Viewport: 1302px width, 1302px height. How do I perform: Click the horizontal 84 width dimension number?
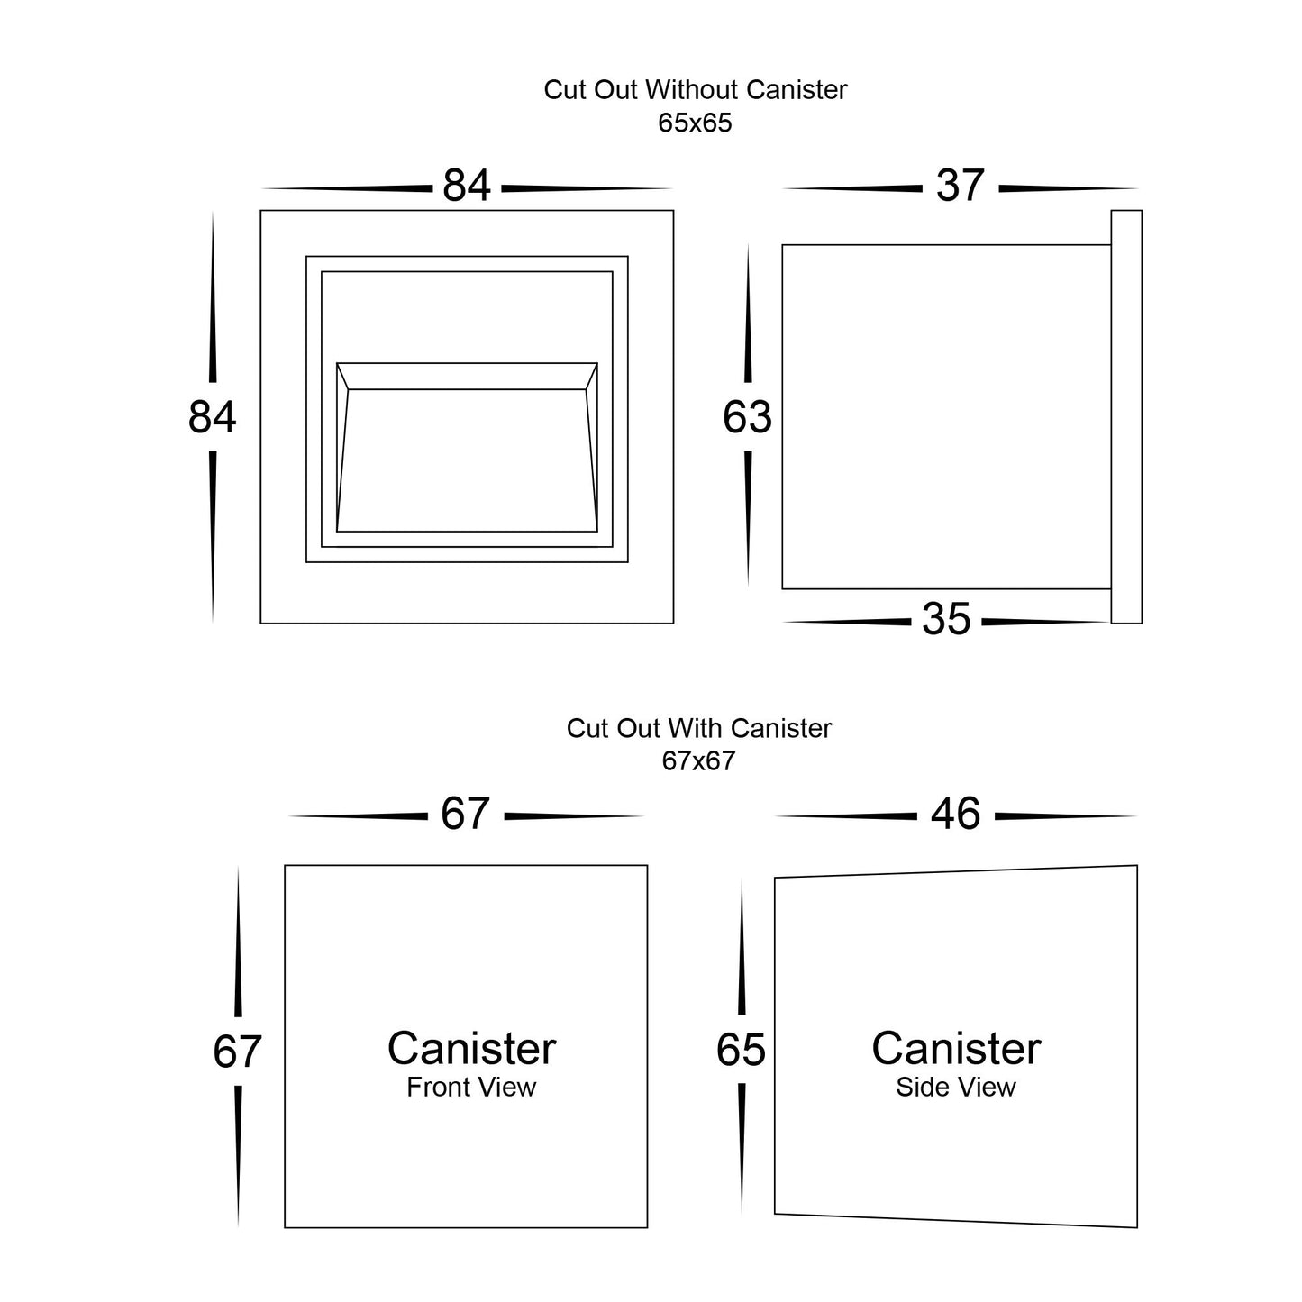point(467,187)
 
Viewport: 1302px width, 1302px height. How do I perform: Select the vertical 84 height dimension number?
point(213,418)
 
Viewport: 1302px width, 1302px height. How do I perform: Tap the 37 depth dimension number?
point(960,187)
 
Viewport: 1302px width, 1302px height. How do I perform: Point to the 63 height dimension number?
point(747,418)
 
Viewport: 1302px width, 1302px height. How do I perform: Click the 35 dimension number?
point(946,620)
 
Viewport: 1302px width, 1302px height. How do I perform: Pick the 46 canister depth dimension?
point(955,815)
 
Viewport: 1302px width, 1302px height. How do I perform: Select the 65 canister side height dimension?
point(741,1051)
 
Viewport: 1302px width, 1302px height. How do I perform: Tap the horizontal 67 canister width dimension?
point(465,815)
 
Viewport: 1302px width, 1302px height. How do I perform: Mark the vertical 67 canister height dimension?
point(237,1052)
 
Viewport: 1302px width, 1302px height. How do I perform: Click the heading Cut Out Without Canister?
point(695,90)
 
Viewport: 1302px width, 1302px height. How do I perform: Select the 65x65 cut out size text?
point(695,123)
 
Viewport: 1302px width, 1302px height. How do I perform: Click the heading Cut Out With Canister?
point(698,728)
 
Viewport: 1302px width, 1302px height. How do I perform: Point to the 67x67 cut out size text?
point(698,761)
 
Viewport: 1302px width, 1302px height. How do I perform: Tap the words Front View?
point(470,1088)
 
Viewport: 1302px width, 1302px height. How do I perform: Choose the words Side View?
point(955,1088)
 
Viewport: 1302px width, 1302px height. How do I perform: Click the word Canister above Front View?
point(471,1049)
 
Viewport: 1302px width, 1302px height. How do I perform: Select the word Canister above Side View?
point(956,1049)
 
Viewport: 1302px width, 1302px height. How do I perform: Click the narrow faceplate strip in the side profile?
point(1126,416)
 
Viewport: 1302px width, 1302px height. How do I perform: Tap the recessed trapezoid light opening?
point(467,460)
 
